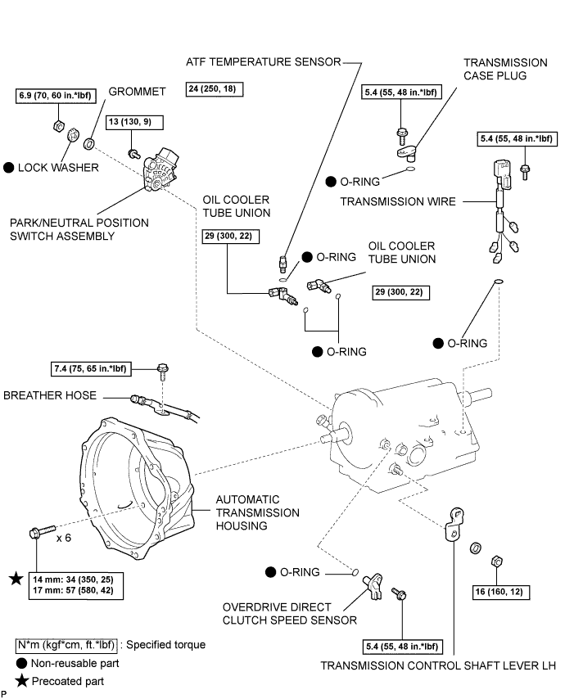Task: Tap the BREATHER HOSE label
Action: pos(49,395)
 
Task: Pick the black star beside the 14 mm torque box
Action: pos(16,579)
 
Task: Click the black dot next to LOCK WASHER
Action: pos(10,167)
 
